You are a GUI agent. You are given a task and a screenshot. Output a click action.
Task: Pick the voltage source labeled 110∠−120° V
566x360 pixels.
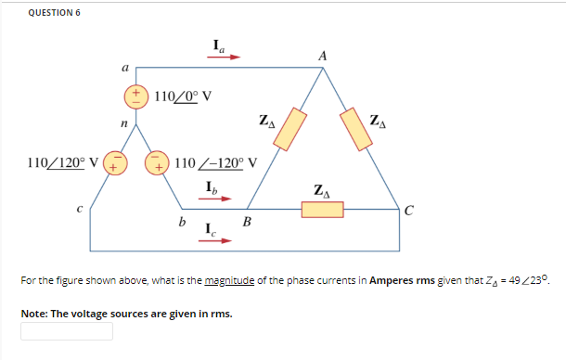(157, 164)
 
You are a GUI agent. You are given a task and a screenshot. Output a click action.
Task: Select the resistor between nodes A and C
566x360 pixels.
(357, 127)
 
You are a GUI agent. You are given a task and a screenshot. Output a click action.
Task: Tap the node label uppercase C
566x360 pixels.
(408, 208)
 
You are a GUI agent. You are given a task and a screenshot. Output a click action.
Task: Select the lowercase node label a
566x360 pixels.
(124, 68)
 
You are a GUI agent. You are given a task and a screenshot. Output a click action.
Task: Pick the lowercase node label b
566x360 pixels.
(181, 221)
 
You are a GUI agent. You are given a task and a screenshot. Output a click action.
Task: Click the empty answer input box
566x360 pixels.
(67, 331)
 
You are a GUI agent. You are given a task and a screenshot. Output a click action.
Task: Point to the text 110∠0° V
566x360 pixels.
(183, 96)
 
